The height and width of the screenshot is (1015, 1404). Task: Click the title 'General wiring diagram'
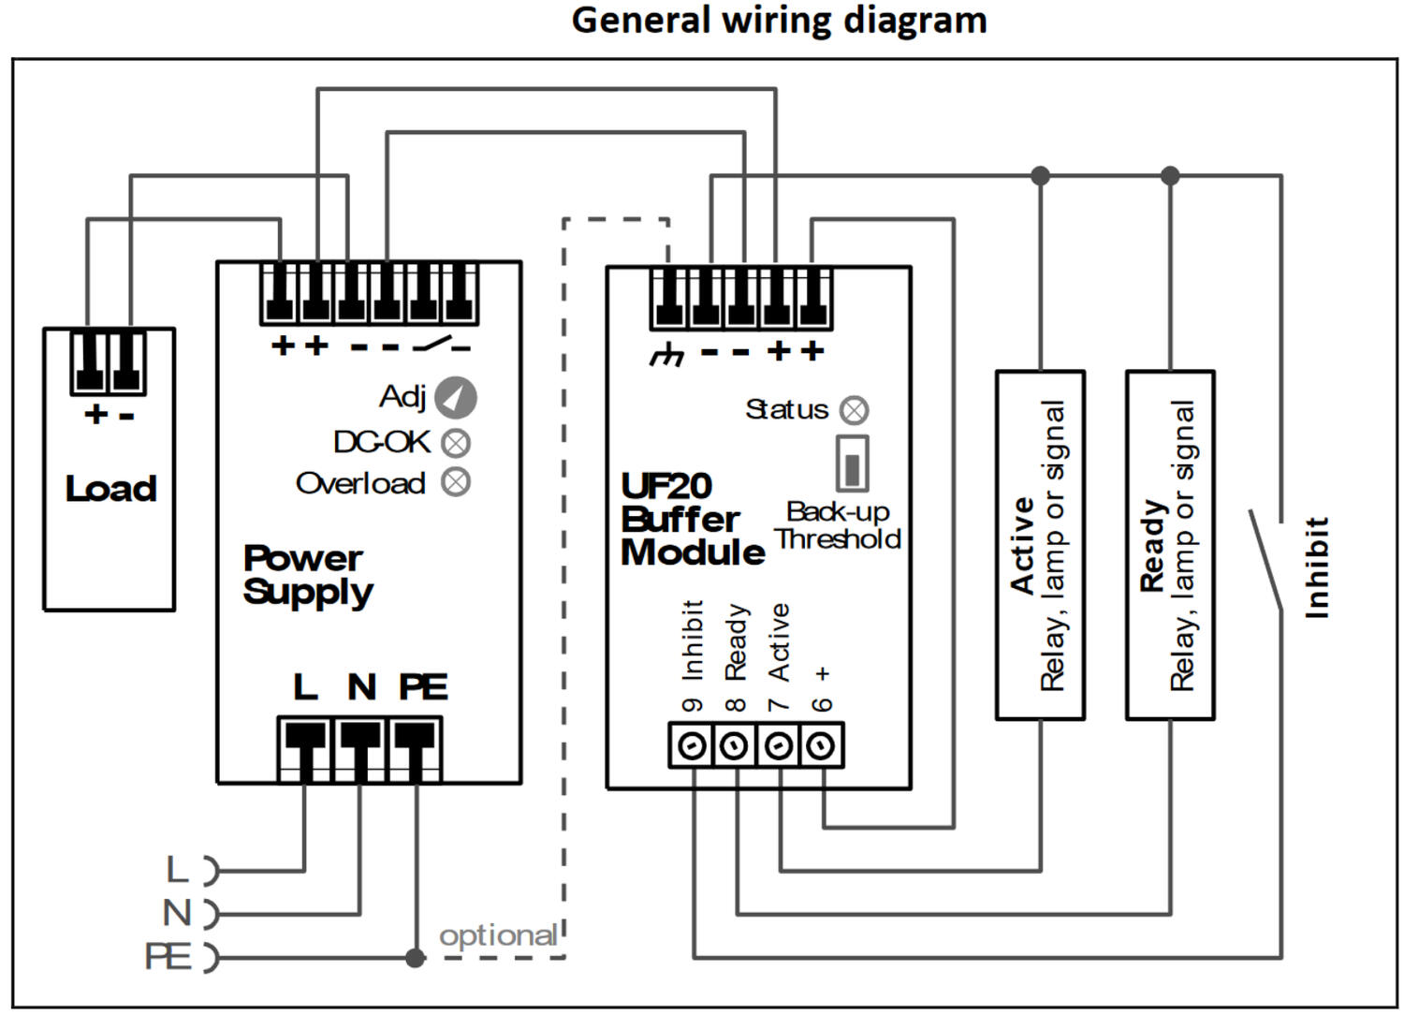coord(779,20)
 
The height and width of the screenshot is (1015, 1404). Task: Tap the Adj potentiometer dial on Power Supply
coord(456,397)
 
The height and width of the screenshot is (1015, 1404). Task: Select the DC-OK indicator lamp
coord(456,442)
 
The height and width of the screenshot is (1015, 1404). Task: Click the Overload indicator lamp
coord(456,482)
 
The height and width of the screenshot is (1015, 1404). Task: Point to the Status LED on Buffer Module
coord(854,410)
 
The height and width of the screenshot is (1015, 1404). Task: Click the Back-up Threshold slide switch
coord(852,463)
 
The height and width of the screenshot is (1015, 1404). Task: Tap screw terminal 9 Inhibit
coord(692,746)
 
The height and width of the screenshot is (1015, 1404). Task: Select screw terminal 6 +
coord(821,746)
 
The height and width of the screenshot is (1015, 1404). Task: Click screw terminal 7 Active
coord(778,746)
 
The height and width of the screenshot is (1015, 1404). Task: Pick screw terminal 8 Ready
coord(735,746)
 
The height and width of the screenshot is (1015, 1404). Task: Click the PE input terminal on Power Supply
coord(416,748)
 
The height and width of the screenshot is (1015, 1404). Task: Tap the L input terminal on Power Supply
coord(304,748)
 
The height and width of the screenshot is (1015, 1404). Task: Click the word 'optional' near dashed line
coord(498,935)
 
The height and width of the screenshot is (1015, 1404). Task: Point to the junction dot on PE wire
coord(416,957)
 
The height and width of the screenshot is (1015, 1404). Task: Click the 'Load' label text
coord(110,488)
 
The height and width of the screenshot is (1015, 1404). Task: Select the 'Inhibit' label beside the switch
coord(1317,566)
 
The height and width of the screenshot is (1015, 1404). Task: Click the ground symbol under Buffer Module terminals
coord(667,354)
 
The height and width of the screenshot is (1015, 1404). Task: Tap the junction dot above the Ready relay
coord(1170,175)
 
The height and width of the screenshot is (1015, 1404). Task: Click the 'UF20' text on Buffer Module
coord(666,485)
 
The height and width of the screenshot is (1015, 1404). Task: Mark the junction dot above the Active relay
coord(1040,175)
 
